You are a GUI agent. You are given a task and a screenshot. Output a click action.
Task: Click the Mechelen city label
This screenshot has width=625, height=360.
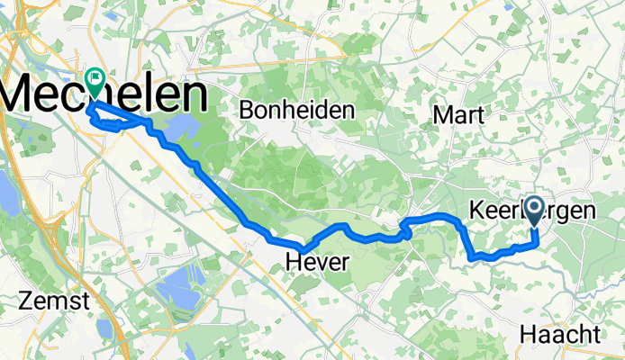pos(104,95)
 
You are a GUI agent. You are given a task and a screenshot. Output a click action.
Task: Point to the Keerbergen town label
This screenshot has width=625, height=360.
pos(532,211)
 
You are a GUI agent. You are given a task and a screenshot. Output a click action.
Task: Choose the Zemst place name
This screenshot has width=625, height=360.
pos(57,301)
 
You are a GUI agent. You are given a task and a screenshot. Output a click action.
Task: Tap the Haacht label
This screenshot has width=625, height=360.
pos(559,334)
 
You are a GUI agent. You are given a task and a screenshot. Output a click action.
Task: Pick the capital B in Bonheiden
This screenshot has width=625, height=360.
pos(247,110)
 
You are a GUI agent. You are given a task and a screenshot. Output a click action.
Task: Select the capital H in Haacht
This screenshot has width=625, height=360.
pos(527,334)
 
